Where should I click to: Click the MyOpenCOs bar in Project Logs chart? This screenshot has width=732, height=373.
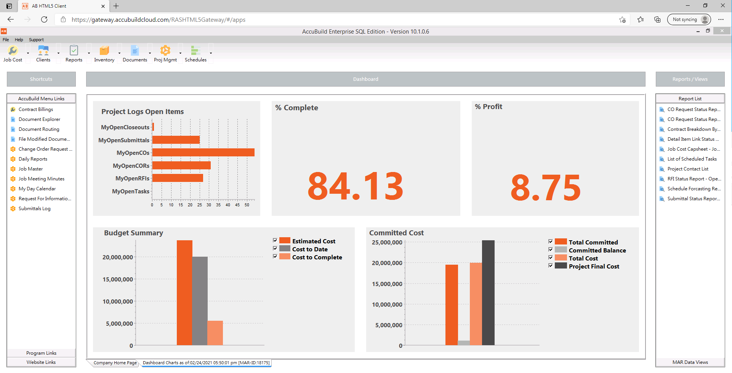coord(203,153)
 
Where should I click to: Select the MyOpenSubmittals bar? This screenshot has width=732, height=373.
coord(176,140)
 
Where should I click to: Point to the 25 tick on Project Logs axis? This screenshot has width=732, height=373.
coord(200,205)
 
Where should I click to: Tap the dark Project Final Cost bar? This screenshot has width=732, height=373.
coord(488,293)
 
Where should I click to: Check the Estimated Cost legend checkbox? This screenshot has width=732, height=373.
coord(275,241)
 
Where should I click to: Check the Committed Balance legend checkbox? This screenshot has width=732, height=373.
coord(551,250)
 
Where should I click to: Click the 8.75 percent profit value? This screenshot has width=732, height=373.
coord(545,188)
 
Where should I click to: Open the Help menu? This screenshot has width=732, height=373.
coord(19,40)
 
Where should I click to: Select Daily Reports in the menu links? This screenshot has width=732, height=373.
coord(33,159)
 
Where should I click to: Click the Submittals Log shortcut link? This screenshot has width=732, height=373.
coord(34,209)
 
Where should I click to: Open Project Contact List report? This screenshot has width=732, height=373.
coord(687,169)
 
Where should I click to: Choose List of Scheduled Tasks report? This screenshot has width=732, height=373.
coord(692,159)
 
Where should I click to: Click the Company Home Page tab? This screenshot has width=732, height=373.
coord(115,363)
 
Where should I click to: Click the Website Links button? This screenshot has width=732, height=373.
coord(41,362)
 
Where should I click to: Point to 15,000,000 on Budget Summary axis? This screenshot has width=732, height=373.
coord(118,279)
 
